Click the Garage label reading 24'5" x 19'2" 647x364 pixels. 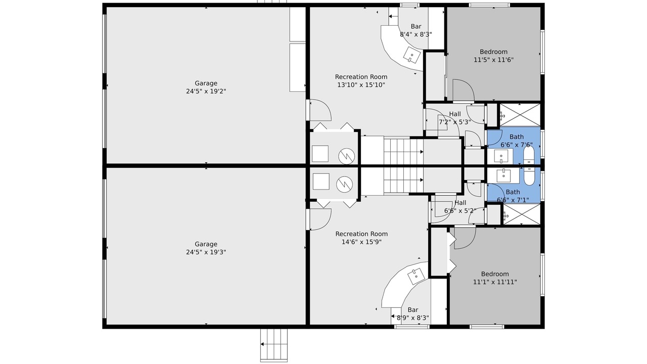click(206, 87)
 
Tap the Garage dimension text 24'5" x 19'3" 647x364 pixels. click(206, 248)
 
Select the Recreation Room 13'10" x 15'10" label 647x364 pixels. click(361, 81)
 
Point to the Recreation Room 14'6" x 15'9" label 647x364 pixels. click(361, 238)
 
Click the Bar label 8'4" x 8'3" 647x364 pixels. click(415, 30)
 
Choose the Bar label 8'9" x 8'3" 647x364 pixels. click(413, 314)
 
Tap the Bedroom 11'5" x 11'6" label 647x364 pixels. click(493, 56)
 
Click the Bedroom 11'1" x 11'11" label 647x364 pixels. click(495, 278)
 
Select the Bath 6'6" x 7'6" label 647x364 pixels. click(517, 141)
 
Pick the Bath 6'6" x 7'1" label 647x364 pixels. click(513, 196)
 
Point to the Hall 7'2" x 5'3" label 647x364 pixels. click(455, 118)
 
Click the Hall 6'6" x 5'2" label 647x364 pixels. click(460, 207)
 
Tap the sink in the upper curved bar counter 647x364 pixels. click(412, 55)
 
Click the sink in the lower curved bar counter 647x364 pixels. click(416, 276)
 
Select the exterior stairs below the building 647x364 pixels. click(274, 345)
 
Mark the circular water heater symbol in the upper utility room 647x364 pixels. click(346, 156)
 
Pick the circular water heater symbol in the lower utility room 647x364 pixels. click(344, 184)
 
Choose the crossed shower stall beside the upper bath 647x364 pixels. click(520, 115)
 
